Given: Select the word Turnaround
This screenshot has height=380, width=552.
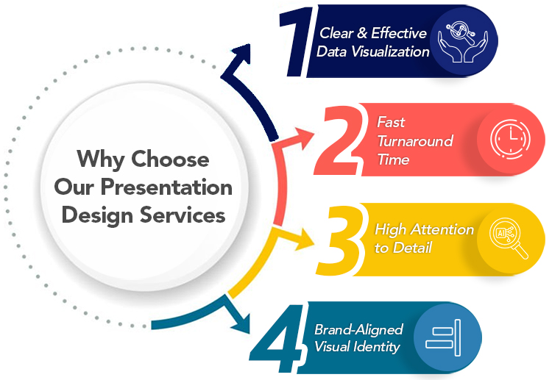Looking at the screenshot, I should click(x=415, y=140).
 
